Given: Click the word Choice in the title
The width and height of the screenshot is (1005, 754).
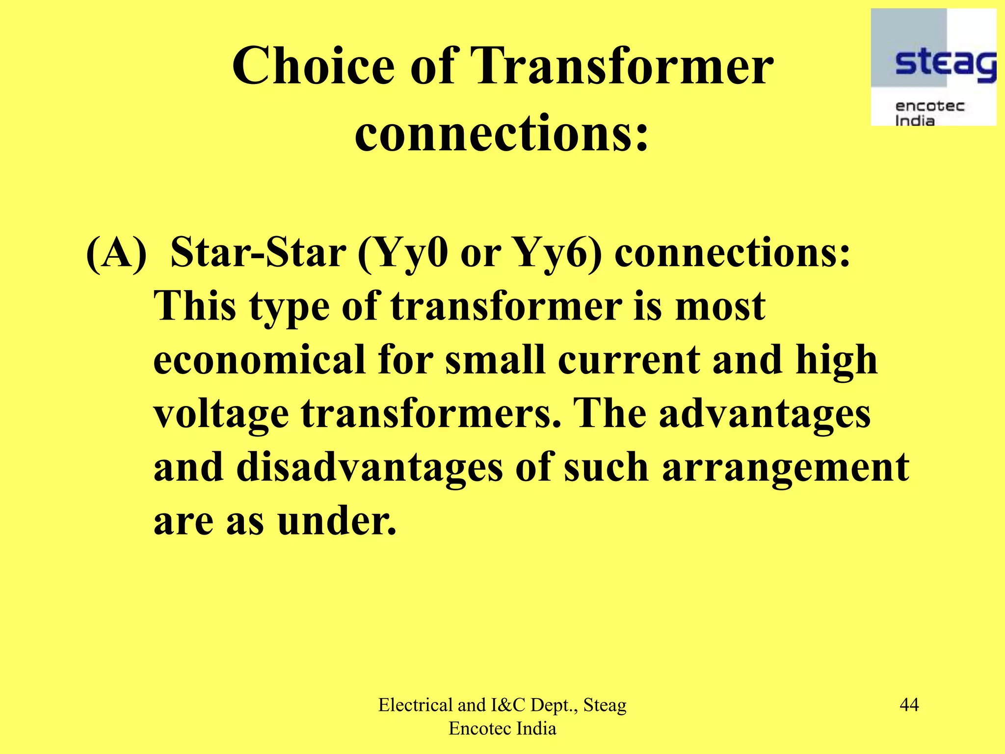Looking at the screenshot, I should (313, 66).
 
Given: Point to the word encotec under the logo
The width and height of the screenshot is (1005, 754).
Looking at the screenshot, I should (929, 106).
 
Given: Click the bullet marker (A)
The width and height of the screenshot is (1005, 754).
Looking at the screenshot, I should (116, 253).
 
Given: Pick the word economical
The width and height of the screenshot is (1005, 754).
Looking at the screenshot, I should (259, 359).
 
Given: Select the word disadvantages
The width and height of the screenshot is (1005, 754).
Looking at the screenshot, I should (370, 467).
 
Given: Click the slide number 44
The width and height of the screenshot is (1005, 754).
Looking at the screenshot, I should (909, 705).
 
